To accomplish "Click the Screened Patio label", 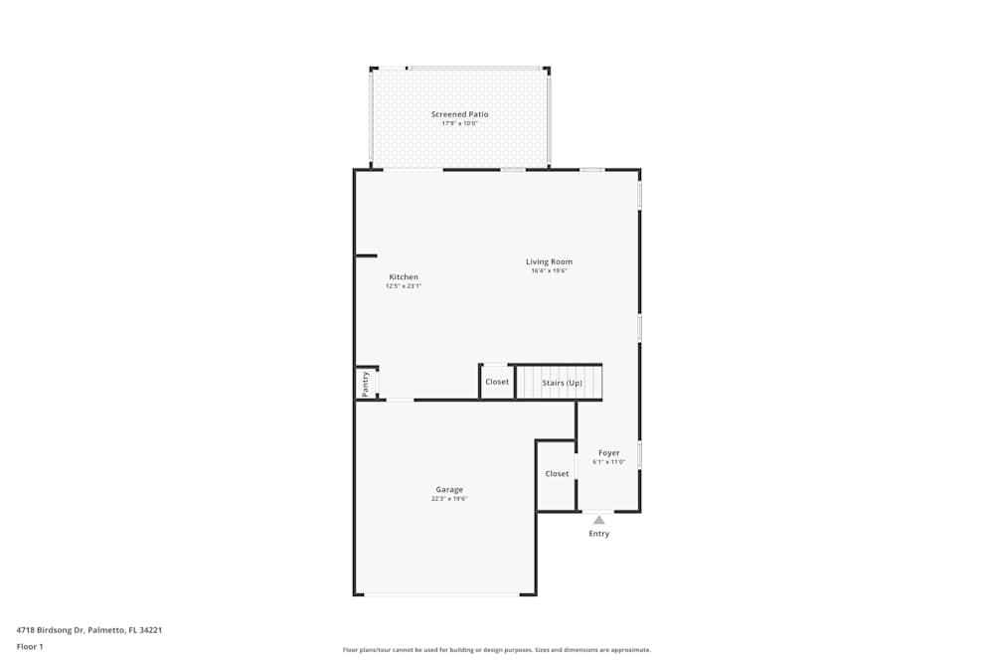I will [459, 114].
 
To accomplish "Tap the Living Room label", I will [549, 262].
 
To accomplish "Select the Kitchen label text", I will [404, 277].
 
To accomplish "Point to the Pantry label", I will [366, 384].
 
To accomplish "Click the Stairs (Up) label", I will [562, 383].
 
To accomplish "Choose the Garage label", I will [449, 490].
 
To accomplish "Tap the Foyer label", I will [608, 453].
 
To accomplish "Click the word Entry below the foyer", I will [598, 534].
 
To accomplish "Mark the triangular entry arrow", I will [598, 519].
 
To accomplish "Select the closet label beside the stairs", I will [497, 382].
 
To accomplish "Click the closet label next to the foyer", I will [557, 474].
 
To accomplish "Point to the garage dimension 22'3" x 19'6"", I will [449, 499].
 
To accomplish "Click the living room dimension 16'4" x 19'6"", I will [549, 271].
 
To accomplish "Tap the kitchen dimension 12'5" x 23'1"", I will [404, 286].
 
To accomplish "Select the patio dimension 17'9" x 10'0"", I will [459, 123].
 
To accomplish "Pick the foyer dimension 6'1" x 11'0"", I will [608, 462].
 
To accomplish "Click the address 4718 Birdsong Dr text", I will [89, 629].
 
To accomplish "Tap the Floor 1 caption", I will [30, 646].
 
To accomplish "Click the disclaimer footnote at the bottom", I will [497, 650].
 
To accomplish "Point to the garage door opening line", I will [441, 594].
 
